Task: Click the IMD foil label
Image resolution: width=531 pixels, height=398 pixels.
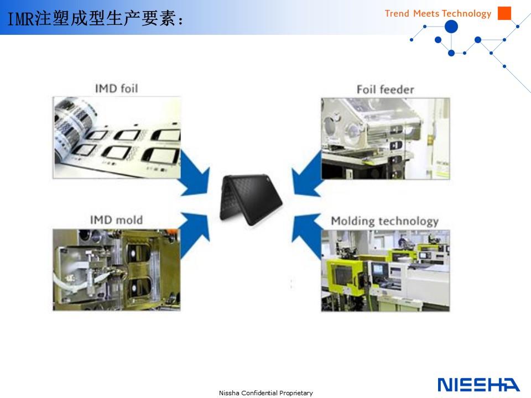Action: [117, 88]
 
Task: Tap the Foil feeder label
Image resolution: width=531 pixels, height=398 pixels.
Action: [386, 90]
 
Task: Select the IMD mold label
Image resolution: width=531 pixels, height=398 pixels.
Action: [116, 220]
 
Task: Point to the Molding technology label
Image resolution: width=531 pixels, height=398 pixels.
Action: [385, 221]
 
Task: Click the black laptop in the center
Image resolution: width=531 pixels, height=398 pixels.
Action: [251, 199]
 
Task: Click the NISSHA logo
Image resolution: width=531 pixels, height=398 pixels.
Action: [478, 385]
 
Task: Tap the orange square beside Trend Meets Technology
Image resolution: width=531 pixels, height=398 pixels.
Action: [504, 13]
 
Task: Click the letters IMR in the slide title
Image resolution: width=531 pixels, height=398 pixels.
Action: [20, 19]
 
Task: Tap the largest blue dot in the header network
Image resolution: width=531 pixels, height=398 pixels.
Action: [451, 27]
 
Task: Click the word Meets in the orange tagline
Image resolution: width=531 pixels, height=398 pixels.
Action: [426, 13]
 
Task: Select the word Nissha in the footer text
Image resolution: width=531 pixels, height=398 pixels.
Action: [229, 393]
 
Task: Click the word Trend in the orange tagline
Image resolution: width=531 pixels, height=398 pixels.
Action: [397, 13]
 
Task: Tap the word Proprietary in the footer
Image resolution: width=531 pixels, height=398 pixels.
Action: [296, 393]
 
